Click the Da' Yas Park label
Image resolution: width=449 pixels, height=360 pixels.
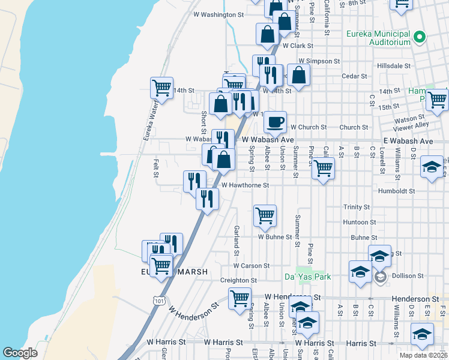click(307, 277)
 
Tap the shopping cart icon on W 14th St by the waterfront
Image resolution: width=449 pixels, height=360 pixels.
click(161, 88)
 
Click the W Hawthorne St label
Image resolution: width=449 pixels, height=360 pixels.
click(244, 185)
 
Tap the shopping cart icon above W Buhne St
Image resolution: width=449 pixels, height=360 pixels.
click(265, 215)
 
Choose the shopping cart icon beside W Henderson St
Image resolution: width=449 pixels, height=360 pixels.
click(240, 298)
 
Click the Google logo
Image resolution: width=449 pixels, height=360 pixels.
click(20, 353)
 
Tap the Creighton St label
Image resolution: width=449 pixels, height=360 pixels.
click(238, 280)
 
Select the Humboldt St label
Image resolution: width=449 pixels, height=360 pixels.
click(396, 191)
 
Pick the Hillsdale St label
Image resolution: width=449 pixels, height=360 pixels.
click(393, 65)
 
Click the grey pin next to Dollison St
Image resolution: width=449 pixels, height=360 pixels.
click(380, 277)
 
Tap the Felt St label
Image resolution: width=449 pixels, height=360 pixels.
click(155, 168)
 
